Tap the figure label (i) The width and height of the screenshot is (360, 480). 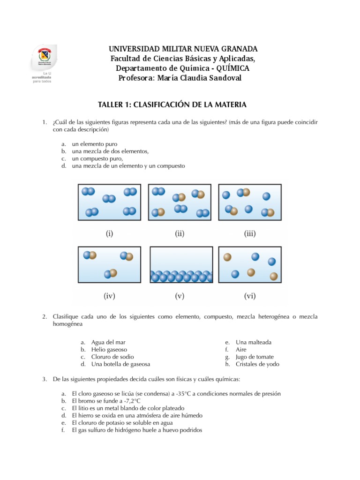tap(109, 232)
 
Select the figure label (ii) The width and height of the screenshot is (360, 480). tap(180, 232)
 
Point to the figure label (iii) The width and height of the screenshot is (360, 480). tap(250, 232)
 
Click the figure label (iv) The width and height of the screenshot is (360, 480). tap(109, 295)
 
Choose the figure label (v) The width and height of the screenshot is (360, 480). tap(180, 295)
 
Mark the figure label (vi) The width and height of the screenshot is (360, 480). tap(250, 295)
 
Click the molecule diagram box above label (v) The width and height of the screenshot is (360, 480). tap(180, 265)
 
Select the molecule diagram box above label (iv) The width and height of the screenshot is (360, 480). tap(110, 265)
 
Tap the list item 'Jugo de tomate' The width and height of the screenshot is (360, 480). tap(254, 357)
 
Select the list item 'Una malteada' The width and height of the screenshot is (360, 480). tap(253, 342)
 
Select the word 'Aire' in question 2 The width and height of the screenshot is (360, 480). tap(241, 349)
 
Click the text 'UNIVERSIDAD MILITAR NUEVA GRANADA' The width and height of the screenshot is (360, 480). tap(183, 49)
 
